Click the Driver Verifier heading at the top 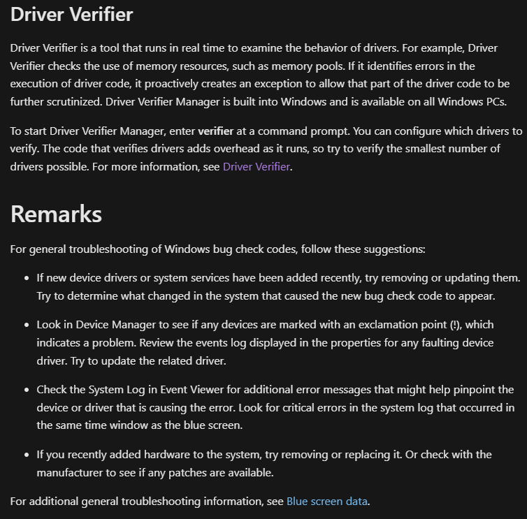pos(71,14)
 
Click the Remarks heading pos(56,214)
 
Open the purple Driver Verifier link pos(256,167)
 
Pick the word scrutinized pos(70,102)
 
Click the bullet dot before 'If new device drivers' pos(26,278)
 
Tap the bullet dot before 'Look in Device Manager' pos(26,326)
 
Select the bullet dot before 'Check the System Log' pos(26,390)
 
